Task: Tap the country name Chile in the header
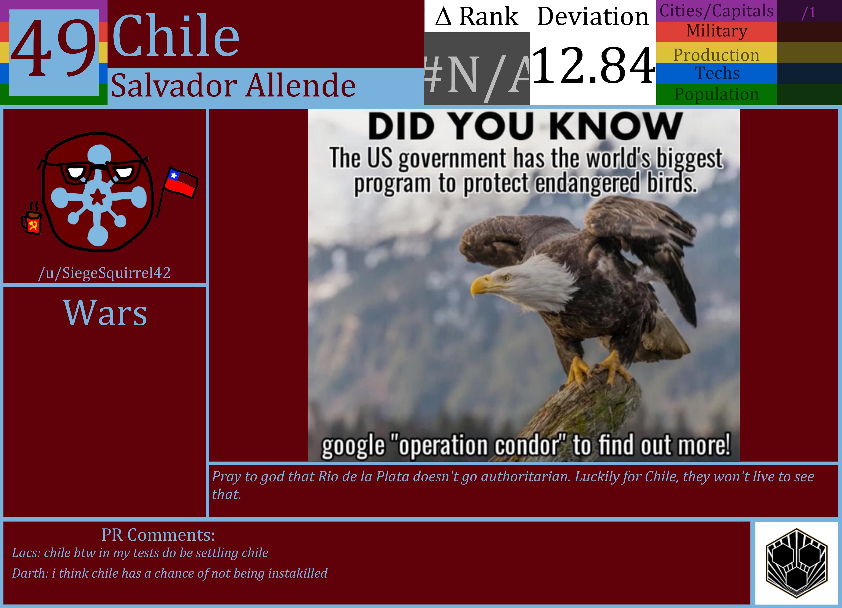click(176, 36)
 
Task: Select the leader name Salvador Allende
click(233, 86)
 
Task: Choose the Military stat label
click(717, 31)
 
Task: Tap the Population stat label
click(717, 94)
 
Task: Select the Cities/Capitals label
click(717, 11)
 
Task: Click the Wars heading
click(105, 313)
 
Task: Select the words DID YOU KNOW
click(525, 126)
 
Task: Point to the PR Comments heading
click(158, 535)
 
